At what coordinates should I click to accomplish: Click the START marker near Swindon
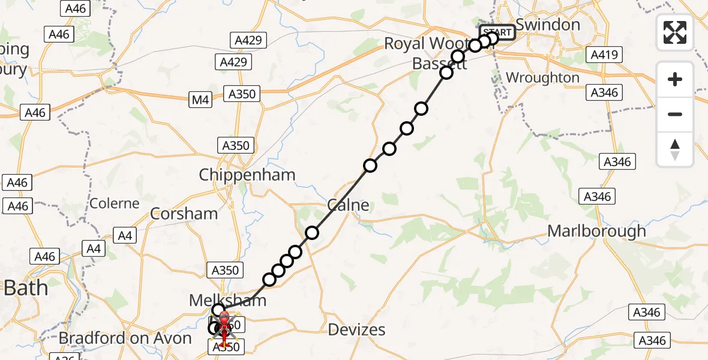497,32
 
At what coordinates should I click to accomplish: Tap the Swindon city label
548,25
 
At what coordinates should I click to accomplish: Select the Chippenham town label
247,175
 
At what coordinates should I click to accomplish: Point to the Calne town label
348,205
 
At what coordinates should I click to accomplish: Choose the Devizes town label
357,329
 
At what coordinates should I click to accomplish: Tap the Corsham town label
184,214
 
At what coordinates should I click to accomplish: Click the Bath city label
26,288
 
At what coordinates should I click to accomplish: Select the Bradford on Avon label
125,338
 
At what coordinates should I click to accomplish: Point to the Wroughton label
542,78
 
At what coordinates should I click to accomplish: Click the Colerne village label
115,203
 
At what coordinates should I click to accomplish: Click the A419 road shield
604,56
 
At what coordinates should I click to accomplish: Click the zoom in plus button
675,80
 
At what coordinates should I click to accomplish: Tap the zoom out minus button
675,114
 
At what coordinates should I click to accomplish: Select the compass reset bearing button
675,149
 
